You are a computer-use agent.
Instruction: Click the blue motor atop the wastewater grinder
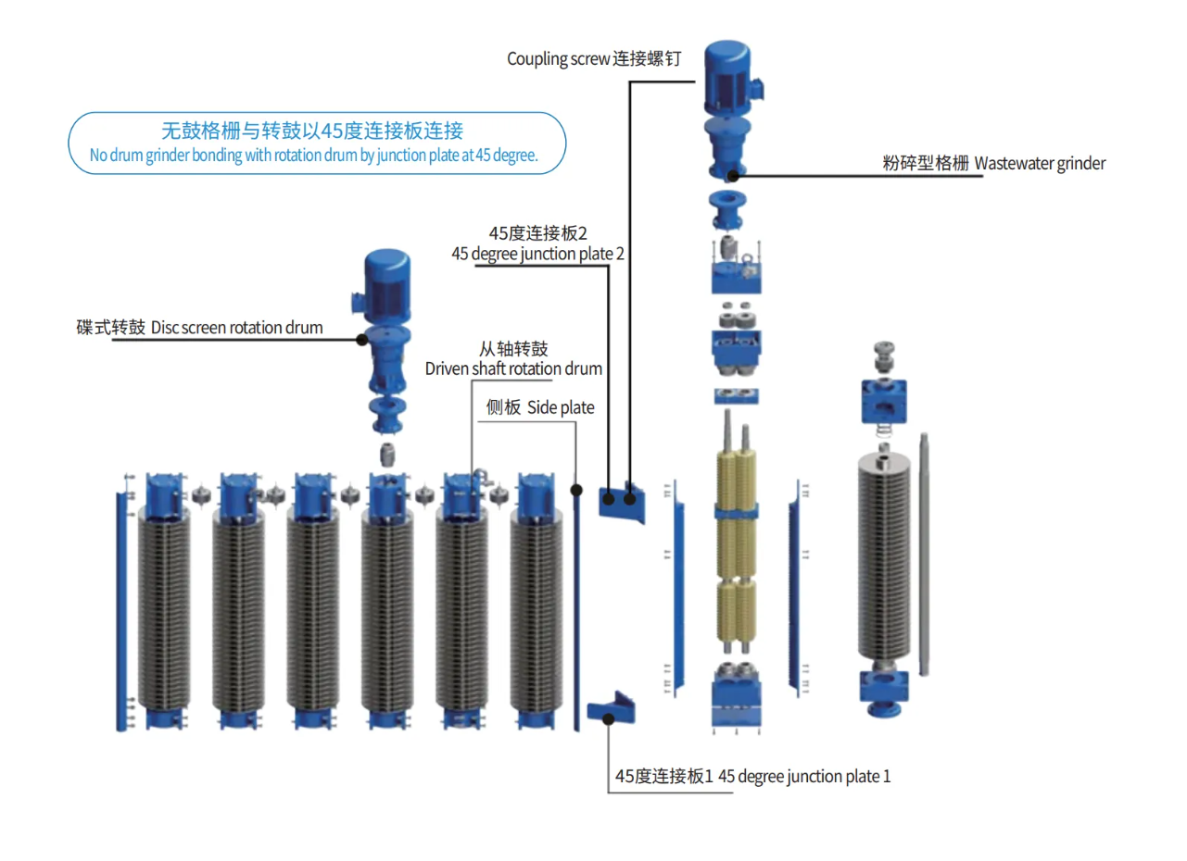click(x=731, y=74)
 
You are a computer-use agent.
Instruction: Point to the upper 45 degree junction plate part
click(x=621, y=503)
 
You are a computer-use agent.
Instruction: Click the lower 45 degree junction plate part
click(x=612, y=709)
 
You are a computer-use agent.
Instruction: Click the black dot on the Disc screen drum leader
click(x=360, y=339)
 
